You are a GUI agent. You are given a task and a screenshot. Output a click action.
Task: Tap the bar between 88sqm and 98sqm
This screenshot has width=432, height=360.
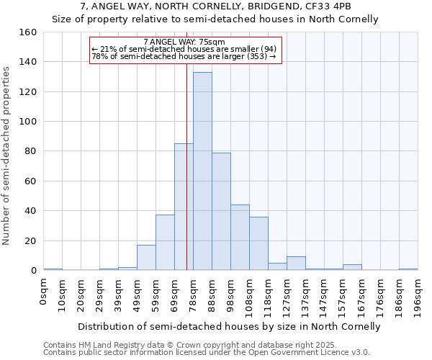tap(221, 212)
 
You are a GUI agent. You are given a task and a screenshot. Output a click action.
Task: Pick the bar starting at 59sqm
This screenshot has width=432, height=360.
tap(165, 243)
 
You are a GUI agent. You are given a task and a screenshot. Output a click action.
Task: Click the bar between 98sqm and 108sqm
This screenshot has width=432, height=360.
tap(240, 238)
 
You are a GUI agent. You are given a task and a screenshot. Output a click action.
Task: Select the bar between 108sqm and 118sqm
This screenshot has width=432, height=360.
tap(258, 243)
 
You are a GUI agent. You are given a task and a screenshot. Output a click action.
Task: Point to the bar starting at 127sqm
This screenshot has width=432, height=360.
tap(296, 264)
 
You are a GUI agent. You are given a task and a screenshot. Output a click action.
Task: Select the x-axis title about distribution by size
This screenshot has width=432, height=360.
tap(229, 327)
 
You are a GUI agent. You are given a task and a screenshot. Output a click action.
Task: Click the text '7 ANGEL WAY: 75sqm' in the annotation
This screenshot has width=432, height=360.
tap(184, 42)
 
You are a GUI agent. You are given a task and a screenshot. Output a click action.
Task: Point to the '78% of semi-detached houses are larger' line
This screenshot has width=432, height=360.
tap(184, 56)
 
